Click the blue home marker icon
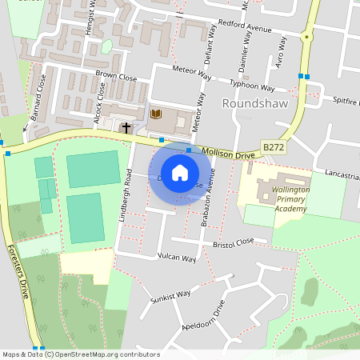[180, 172]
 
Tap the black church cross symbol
[126, 127]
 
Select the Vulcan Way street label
[176, 258]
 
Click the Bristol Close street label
[234, 242]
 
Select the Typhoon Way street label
[251, 85]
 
